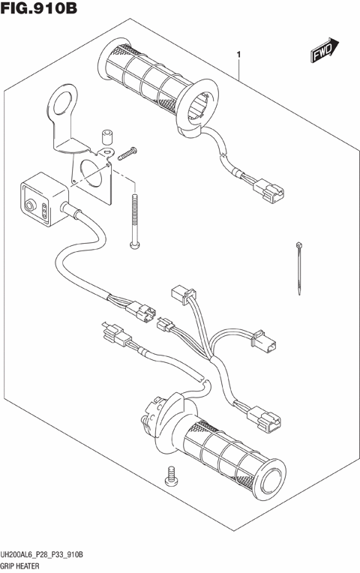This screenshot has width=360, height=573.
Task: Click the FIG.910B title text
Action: pyautogui.click(x=40, y=10)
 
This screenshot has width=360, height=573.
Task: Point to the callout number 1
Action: pyautogui.click(x=238, y=55)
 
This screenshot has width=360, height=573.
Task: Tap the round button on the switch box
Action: pyautogui.click(x=31, y=204)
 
